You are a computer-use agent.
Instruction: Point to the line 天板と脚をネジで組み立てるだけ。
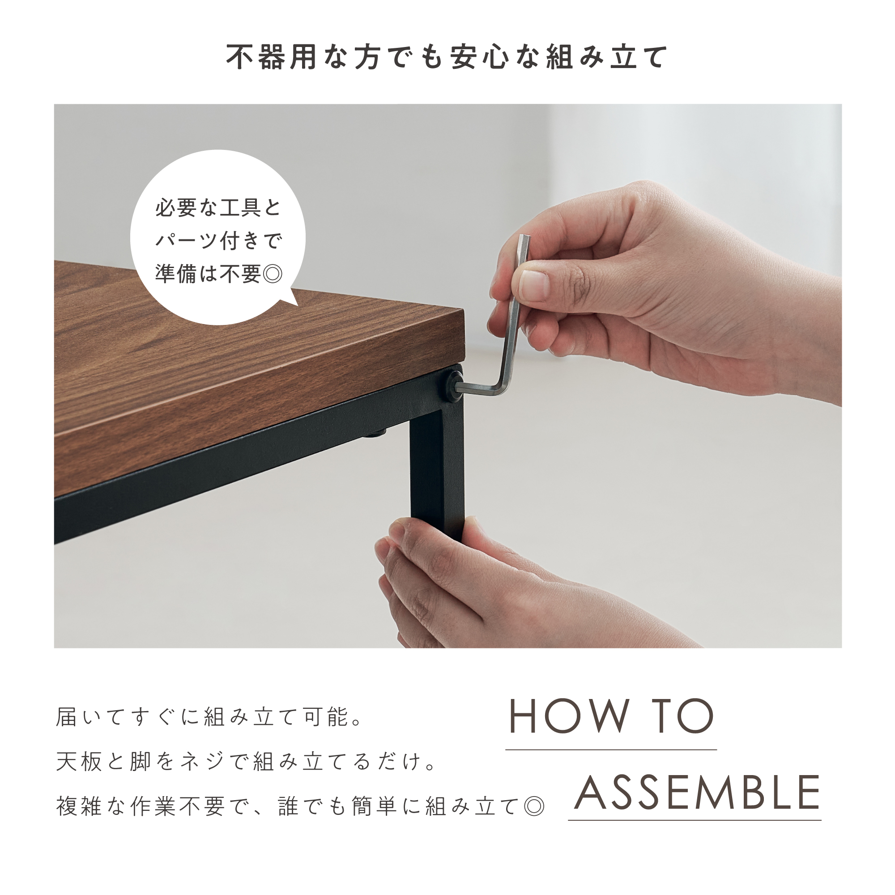click(x=246, y=762)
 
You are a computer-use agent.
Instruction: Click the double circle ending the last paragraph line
click(x=534, y=807)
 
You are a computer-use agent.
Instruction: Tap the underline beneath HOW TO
click(x=611, y=749)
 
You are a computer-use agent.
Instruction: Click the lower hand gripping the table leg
click(x=486, y=588)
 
